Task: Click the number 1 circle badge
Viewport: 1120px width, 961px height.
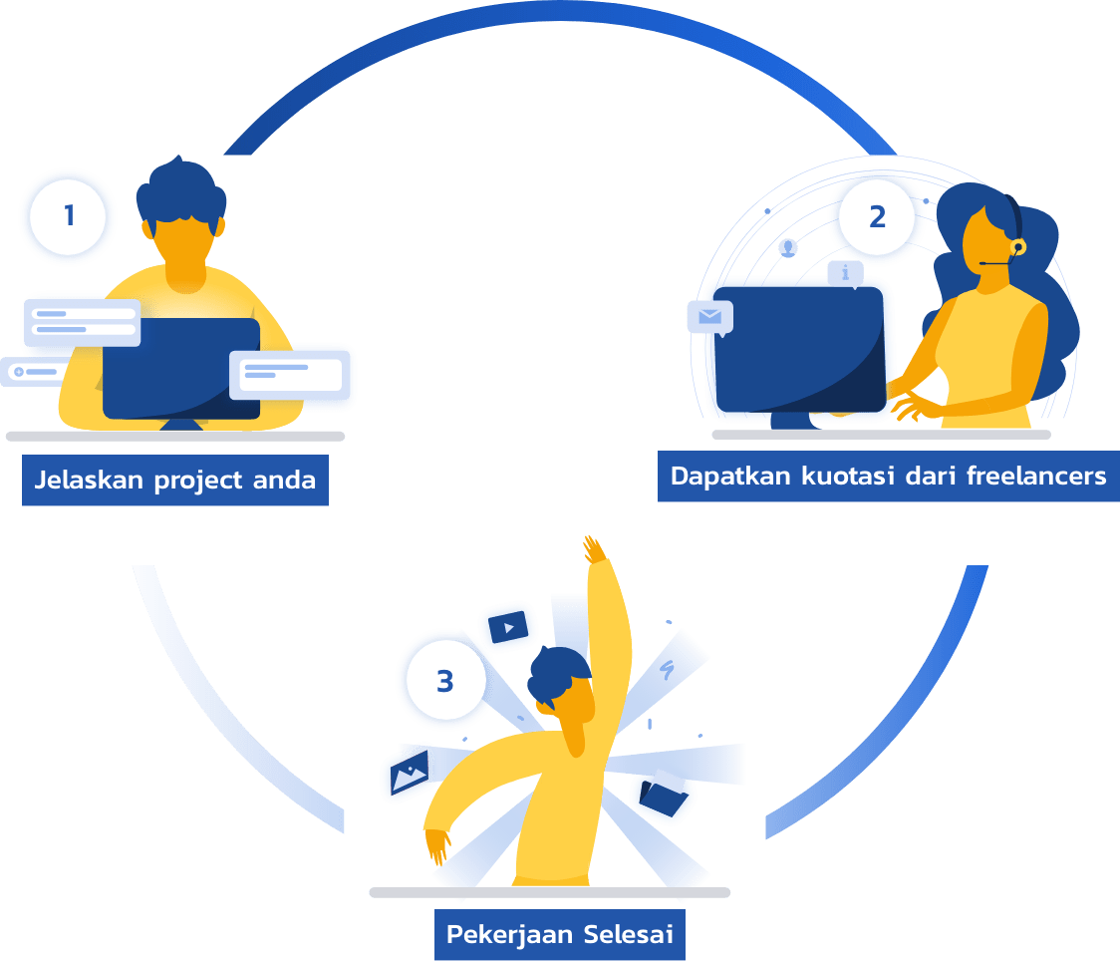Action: click(68, 216)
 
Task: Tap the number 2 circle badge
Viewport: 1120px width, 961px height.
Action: click(877, 216)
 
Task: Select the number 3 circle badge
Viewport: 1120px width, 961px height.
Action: click(444, 682)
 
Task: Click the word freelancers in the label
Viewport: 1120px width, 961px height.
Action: click(1036, 476)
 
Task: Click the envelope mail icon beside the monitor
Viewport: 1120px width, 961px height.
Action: click(709, 317)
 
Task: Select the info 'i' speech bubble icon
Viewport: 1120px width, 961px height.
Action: click(846, 272)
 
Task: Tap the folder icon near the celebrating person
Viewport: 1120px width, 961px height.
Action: click(663, 795)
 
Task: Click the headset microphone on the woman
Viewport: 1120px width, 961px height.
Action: click(1017, 246)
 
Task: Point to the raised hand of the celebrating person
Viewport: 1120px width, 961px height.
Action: click(595, 550)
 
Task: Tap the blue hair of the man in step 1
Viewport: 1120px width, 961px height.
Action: click(180, 189)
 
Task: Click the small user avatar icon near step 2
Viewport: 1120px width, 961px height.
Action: click(789, 246)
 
